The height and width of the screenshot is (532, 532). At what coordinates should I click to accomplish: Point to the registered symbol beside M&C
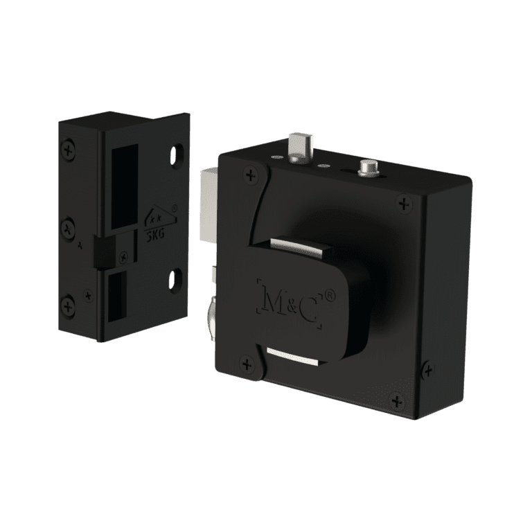(330, 295)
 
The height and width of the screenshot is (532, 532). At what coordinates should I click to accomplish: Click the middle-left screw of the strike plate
(69, 226)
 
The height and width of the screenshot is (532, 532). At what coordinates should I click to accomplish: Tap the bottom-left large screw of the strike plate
(69, 304)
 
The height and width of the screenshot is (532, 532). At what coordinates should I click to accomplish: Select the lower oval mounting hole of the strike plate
(176, 279)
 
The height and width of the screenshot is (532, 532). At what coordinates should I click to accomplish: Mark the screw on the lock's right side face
(428, 371)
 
